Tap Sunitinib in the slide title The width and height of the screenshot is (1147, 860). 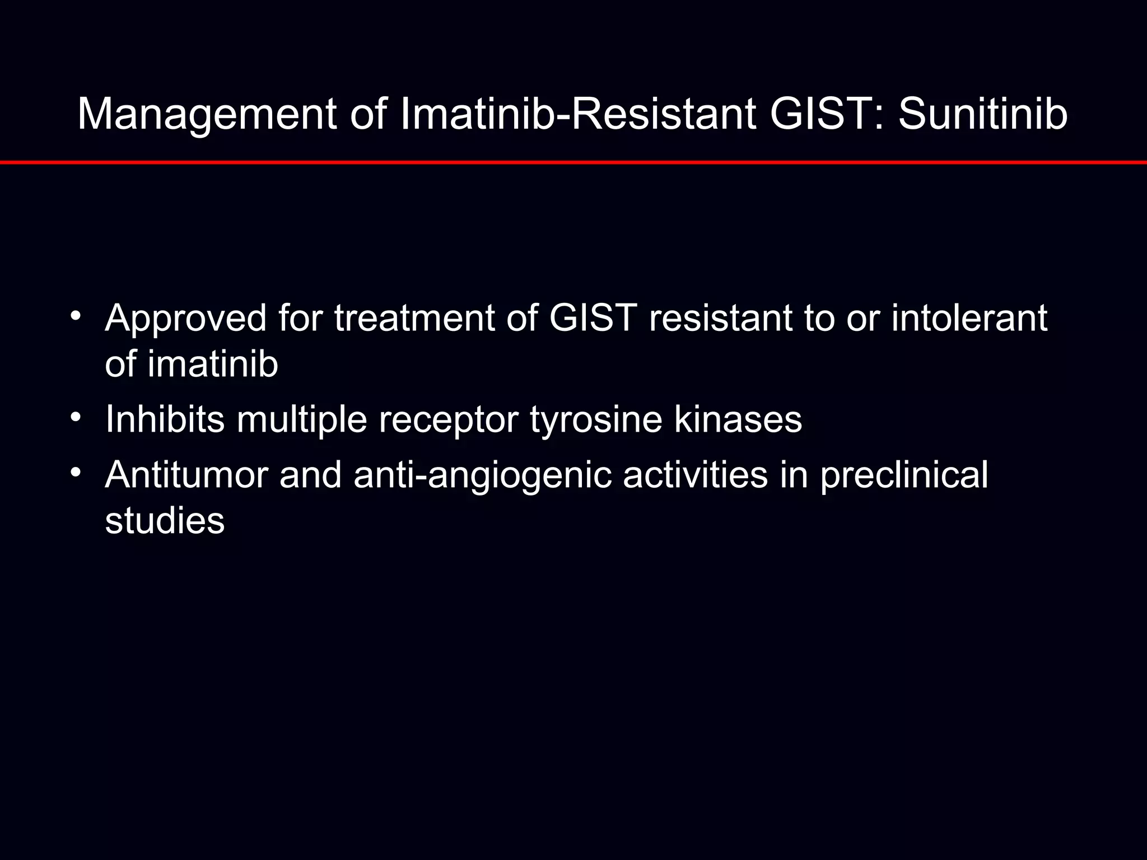tap(983, 115)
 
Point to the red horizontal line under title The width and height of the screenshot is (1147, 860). tap(573, 162)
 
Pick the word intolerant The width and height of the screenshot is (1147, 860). tap(969, 318)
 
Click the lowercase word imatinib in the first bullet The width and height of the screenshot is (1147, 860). tap(213, 364)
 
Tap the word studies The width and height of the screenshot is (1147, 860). tap(165, 521)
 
